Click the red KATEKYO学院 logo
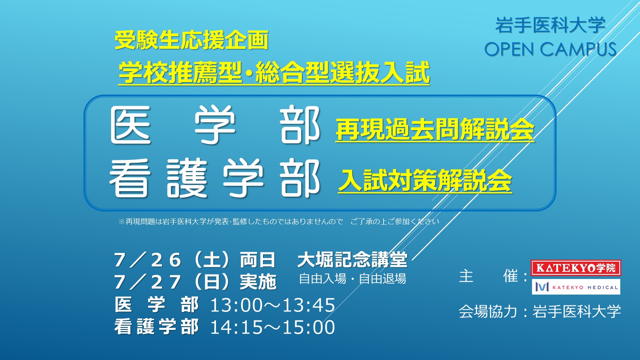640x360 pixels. click(576, 268)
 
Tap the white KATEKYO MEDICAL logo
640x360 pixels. click(576, 287)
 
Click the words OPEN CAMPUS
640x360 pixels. click(550, 49)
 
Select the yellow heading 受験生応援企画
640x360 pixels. click(191, 40)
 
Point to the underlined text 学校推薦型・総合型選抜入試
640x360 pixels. click(274, 72)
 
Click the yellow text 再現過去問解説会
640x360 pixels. click(435, 129)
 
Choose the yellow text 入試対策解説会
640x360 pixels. click(425, 180)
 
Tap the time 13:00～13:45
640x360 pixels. click(273, 305)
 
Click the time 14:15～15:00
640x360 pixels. click(273, 327)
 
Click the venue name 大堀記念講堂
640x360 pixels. click(352, 260)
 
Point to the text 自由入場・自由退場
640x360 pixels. click(352, 279)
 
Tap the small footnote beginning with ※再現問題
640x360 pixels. click(279, 222)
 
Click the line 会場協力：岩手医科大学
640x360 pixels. click(540, 312)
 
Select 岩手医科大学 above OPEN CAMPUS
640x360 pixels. click(550, 25)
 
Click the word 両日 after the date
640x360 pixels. click(258, 260)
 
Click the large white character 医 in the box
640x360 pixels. click(131, 125)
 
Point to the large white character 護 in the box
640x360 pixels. click(187, 179)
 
